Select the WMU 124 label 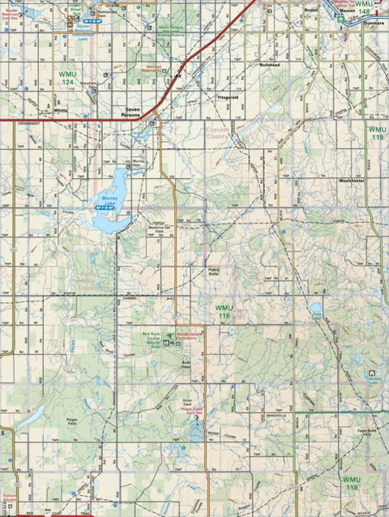click(x=67, y=78)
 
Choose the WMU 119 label click(x=376, y=133)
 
